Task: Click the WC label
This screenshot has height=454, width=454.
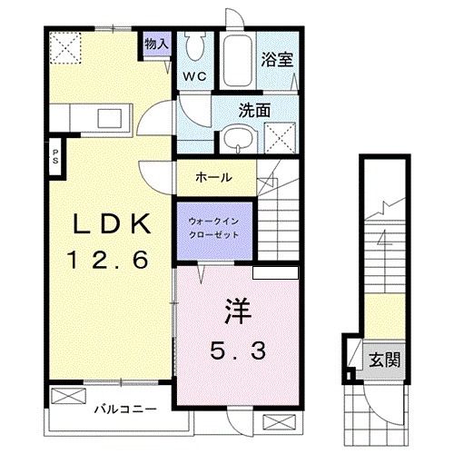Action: pyautogui.click(x=195, y=77)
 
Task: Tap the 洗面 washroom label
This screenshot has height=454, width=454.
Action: pyautogui.click(x=255, y=111)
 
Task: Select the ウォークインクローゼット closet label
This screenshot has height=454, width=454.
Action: pyautogui.click(x=213, y=225)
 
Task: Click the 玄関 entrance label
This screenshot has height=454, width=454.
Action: pyautogui.click(x=380, y=360)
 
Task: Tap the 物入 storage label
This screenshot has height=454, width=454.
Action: pyautogui.click(x=156, y=43)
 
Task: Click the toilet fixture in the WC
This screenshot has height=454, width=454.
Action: pyautogui.click(x=195, y=46)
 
